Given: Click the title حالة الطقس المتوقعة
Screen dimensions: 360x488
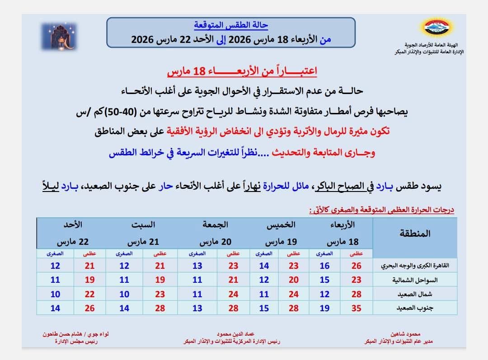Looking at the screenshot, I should (231, 25).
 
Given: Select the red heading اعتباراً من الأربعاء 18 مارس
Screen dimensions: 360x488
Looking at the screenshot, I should (242, 71).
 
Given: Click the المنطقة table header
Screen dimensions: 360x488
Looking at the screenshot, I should (415, 234).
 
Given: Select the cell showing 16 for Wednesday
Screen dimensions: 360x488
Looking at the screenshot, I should (324, 266).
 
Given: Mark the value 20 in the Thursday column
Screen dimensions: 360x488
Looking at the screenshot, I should (294, 280).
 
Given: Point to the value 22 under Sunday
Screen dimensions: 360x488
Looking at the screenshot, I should (90, 294).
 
